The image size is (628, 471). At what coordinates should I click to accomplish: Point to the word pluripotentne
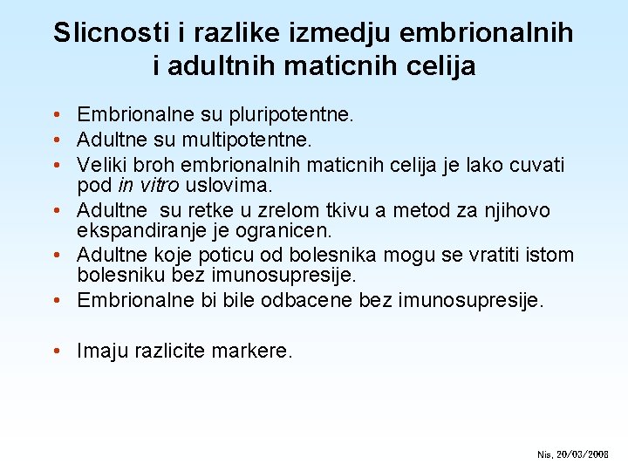click(289, 114)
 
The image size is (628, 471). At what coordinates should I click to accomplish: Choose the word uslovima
click(229, 186)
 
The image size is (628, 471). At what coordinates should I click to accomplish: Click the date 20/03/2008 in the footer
click(583, 454)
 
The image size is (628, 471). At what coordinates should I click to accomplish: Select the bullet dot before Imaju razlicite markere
click(55, 351)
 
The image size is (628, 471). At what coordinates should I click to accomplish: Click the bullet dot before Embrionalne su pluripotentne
click(55, 114)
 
